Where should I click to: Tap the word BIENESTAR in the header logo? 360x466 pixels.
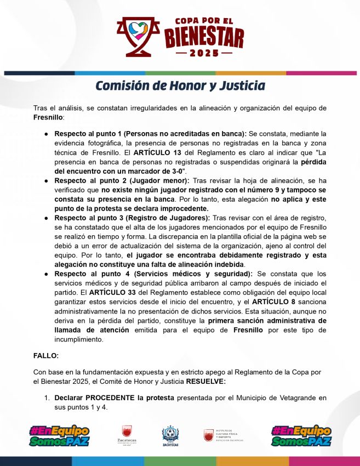[204, 37]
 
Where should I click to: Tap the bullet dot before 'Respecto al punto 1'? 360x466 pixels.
[47, 134]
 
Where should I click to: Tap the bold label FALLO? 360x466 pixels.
[45, 355]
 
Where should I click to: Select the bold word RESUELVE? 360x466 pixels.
[205, 381]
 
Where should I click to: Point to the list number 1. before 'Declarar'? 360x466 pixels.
[48, 397]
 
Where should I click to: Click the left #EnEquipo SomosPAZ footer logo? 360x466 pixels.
[59, 436]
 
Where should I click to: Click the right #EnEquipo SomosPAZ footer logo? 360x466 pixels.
[301, 436]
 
